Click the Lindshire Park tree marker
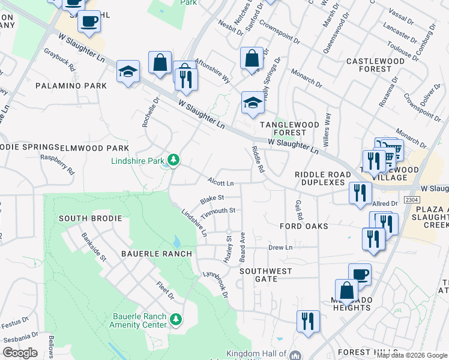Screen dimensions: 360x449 pyautogui.click(x=173, y=160)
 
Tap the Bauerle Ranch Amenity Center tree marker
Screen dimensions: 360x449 pyautogui.click(x=176, y=319)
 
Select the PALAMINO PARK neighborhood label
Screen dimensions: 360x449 pyautogui.click(x=71, y=86)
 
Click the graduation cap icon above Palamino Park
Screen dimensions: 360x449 pyautogui.click(x=128, y=72)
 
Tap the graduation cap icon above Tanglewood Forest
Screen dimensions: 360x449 pyautogui.click(x=253, y=103)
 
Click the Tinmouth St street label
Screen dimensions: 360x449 pyautogui.click(x=217, y=211)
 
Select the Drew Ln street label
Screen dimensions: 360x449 pyautogui.click(x=280, y=247)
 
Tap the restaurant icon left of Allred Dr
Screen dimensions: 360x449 pyautogui.click(x=360, y=193)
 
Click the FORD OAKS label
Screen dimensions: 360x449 pyautogui.click(x=304, y=226)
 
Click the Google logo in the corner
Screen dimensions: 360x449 pyautogui.click(x=20, y=353)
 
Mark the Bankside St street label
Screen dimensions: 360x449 pyautogui.click(x=94, y=247)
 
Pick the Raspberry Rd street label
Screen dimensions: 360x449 pyautogui.click(x=57, y=163)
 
